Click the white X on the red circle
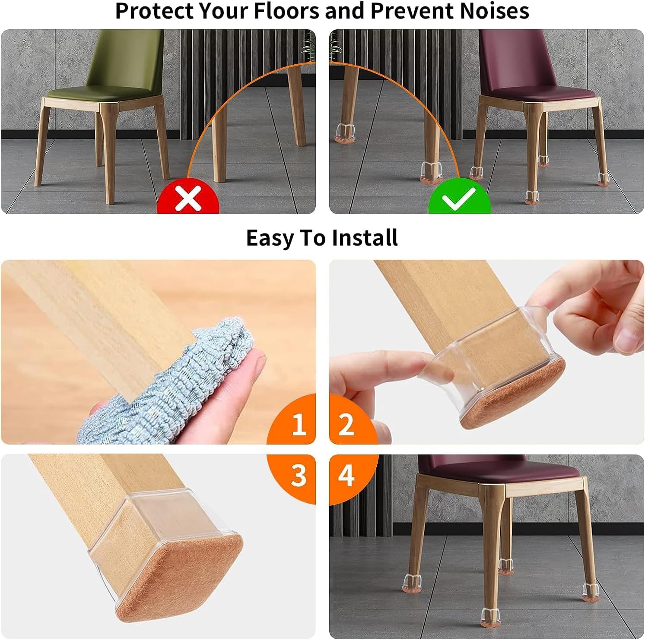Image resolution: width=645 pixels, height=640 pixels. tap(188, 198)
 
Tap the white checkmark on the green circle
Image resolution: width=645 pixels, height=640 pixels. tap(459, 198)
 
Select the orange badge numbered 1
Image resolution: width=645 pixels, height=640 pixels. tap(298, 424)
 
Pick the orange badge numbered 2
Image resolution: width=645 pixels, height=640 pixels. tap(347, 424)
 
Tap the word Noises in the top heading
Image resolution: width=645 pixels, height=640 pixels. tap(494, 11)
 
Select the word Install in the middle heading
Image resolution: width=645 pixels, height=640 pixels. tap(365, 238)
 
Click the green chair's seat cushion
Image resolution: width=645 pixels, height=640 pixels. tap(104, 93)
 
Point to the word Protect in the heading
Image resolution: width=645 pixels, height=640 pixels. tap(153, 11)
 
